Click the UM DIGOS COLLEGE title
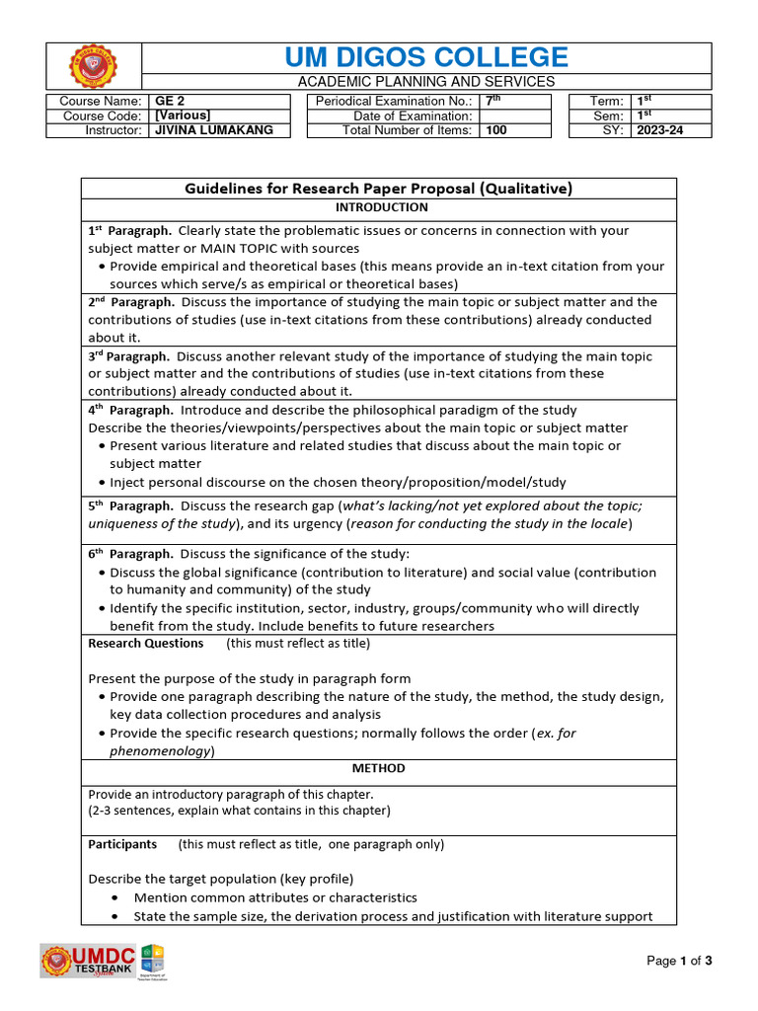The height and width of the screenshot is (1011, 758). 426,57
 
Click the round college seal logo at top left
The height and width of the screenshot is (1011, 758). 95,67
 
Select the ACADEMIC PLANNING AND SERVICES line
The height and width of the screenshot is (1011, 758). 426,82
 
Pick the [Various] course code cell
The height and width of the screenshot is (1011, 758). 184,116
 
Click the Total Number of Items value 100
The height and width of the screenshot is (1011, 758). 495,130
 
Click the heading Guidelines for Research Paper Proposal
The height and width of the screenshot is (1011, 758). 379,189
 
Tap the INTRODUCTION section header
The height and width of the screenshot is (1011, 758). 381,208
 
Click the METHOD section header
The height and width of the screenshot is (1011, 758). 379,768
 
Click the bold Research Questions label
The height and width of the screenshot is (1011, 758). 146,643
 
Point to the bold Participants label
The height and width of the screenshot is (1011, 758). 122,844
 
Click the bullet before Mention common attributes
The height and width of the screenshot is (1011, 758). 116,898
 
